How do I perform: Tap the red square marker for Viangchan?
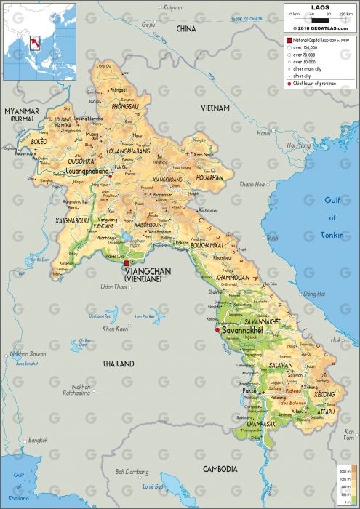coord(127,263)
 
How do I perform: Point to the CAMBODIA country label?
coord(220,469)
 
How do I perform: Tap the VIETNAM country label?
coord(215,108)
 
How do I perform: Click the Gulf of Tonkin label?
coord(332,218)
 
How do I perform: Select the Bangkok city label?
coord(38,441)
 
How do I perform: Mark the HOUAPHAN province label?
coord(209,177)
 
